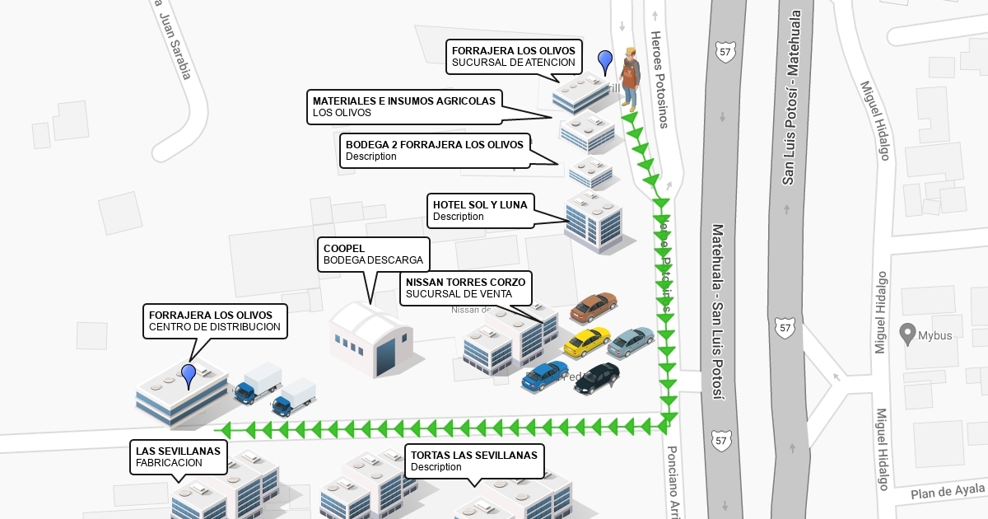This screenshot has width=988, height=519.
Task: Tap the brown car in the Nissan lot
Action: (593, 306)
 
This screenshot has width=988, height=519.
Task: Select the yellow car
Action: (587, 341)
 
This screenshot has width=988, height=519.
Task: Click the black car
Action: (597, 377)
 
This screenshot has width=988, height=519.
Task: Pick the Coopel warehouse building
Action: (370, 339)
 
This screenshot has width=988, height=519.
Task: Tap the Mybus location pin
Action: (907, 334)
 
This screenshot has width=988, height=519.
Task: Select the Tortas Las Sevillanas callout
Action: (474, 461)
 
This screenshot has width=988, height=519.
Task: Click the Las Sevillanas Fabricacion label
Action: (179, 456)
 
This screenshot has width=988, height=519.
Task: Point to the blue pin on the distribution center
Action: (189, 375)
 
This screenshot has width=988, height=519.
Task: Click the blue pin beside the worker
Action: (605, 60)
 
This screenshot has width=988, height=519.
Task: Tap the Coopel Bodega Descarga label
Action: (373, 254)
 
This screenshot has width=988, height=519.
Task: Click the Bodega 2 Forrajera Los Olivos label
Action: (435, 151)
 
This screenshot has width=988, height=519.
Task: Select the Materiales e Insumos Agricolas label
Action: (404, 106)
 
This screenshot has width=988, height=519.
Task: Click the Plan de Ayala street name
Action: (947, 492)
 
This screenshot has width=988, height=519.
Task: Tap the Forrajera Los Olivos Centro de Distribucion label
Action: (215, 320)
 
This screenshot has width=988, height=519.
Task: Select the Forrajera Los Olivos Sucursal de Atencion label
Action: (514, 56)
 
